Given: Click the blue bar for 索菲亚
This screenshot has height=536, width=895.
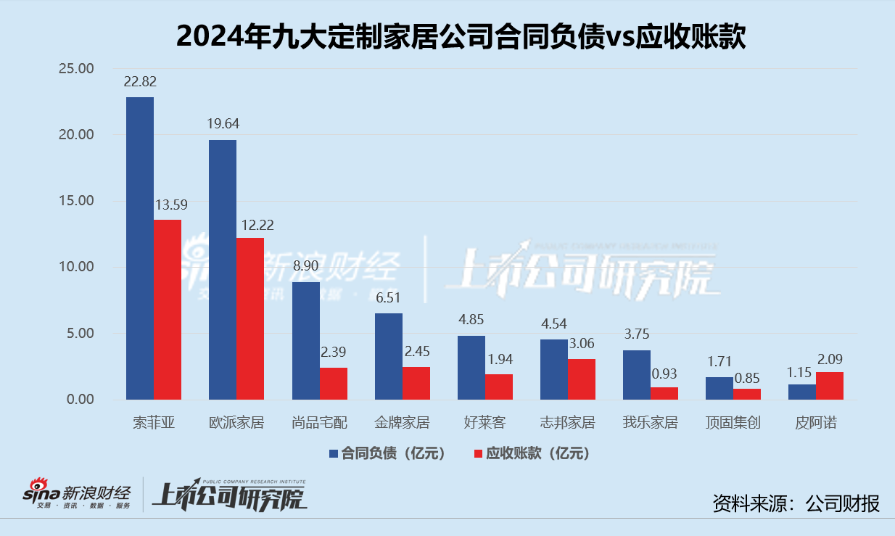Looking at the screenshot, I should click(140, 248).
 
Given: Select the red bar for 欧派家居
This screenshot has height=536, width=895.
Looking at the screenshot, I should click(250, 318).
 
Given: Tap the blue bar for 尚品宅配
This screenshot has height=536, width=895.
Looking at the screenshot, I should click(305, 340).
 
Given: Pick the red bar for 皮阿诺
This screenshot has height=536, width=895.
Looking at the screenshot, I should click(829, 385).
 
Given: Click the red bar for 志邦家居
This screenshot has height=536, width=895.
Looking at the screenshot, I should click(581, 379).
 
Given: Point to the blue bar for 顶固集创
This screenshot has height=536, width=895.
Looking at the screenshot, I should click(719, 388).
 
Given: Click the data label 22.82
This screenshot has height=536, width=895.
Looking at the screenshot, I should click(140, 81).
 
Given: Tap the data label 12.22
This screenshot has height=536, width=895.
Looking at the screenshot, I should click(250, 225).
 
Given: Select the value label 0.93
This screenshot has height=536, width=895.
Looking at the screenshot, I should click(664, 374).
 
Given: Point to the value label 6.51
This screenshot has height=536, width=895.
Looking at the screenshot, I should click(388, 297).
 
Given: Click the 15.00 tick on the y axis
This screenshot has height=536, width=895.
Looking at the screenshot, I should click(76, 201).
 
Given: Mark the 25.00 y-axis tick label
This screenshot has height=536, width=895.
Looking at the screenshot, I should click(76, 69).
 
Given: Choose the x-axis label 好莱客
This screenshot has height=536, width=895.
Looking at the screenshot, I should click(484, 422).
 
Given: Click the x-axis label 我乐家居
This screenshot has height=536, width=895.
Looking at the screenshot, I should click(650, 422).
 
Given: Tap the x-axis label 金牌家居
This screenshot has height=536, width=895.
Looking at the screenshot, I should click(402, 422).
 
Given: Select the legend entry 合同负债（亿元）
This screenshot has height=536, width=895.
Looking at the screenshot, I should click(387, 454).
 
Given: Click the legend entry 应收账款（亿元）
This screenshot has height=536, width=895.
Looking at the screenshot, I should click(531, 454).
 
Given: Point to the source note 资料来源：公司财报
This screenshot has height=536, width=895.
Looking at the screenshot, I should click(796, 503).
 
